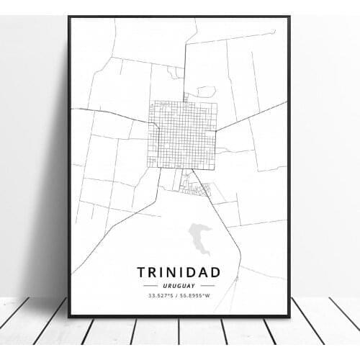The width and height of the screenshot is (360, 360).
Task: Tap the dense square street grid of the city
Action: click(x=183, y=134)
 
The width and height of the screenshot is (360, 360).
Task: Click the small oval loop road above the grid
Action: click(x=206, y=91)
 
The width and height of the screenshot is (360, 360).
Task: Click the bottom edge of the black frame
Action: click(x=179, y=315)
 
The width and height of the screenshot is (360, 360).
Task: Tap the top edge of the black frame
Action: click(x=179, y=17)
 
